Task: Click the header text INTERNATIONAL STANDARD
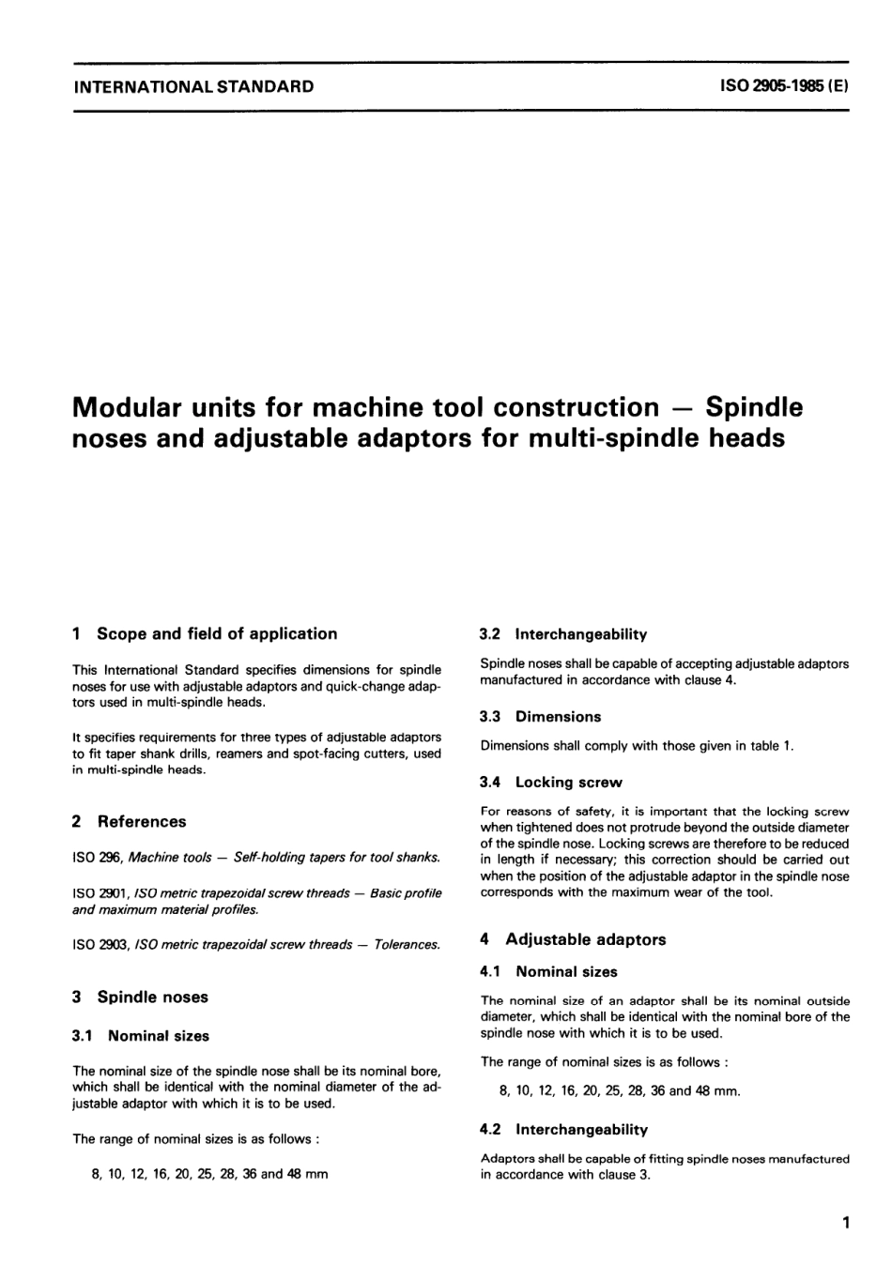pyautogui.click(x=193, y=87)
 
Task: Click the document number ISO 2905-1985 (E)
pyautogui.click(x=784, y=87)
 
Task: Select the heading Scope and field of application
pyautogui.click(x=216, y=633)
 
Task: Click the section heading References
pyautogui.click(x=141, y=821)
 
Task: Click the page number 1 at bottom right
pyautogui.click(x=846, y=1223)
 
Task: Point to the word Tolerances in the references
pyautogui.click(x=407, y=944)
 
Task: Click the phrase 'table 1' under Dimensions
pyautogui.click(x=772, y=746)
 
